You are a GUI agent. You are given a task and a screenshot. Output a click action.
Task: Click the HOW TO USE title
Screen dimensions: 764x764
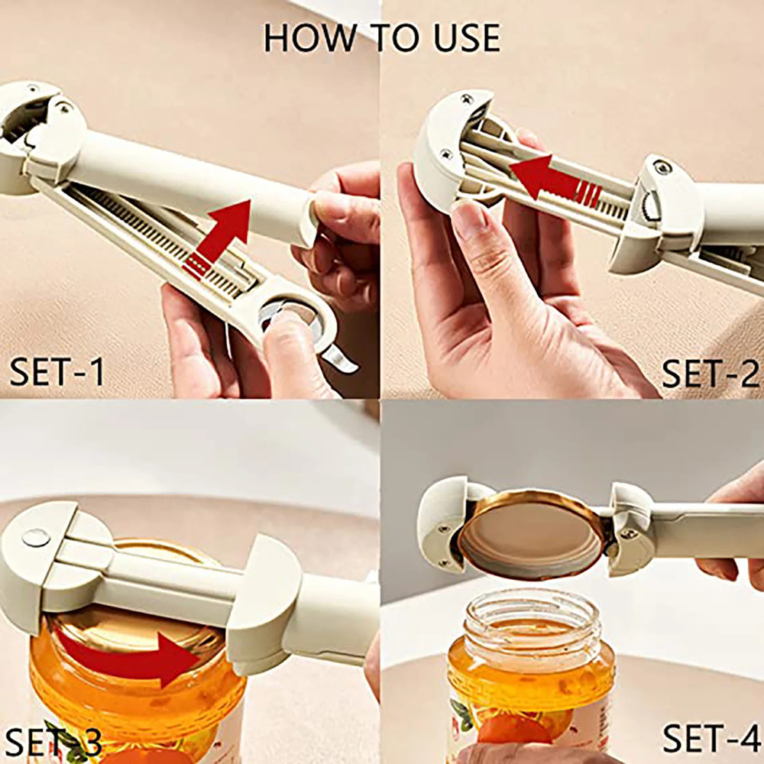(382, 37)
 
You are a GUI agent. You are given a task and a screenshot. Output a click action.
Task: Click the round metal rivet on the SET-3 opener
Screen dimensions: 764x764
(35, 538)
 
